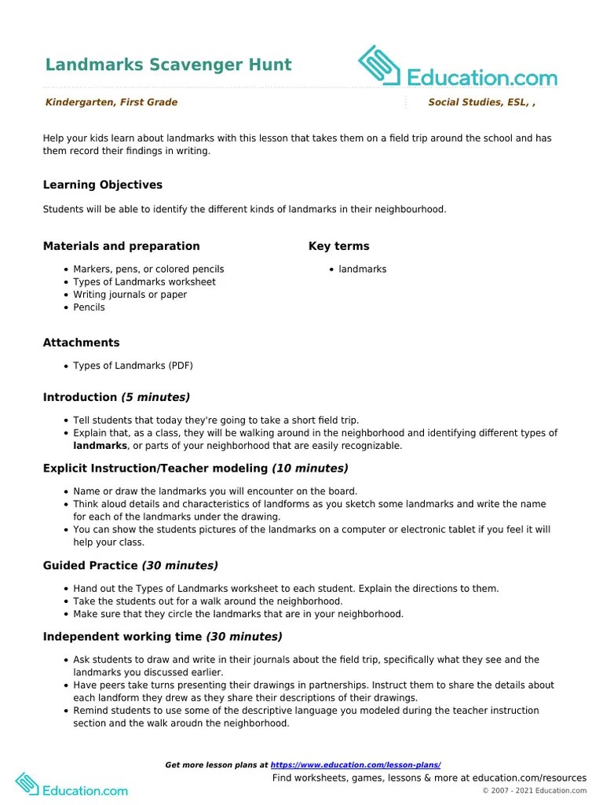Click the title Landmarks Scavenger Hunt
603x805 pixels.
(168, 65)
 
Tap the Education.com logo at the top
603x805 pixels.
(457, 68)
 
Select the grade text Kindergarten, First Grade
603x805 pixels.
(111, 102)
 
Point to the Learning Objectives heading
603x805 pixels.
(103, 185)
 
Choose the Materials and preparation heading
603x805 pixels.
(121, 246)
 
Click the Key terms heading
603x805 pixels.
(338, 246)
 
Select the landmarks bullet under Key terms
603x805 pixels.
(362, 269)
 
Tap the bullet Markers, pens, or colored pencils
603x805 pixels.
(148, 269)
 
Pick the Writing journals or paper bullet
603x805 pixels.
(130, 295)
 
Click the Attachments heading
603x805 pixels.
(82, 343)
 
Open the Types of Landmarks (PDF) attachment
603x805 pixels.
(133, 366)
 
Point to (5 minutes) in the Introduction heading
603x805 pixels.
(155, 398)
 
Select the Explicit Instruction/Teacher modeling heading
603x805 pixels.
(155, 469)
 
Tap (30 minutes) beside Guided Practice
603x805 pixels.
(180, 566)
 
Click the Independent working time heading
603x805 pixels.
(122, 637)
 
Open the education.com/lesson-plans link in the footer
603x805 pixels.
(355, 765)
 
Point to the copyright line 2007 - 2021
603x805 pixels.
(534, 791)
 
